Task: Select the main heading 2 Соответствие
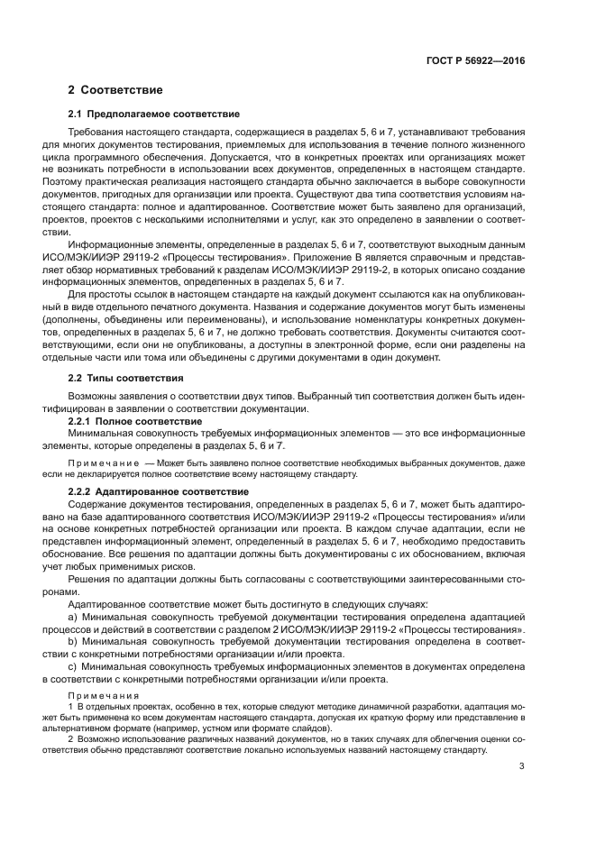[115, 90]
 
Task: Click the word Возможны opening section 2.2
[92, 396]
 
